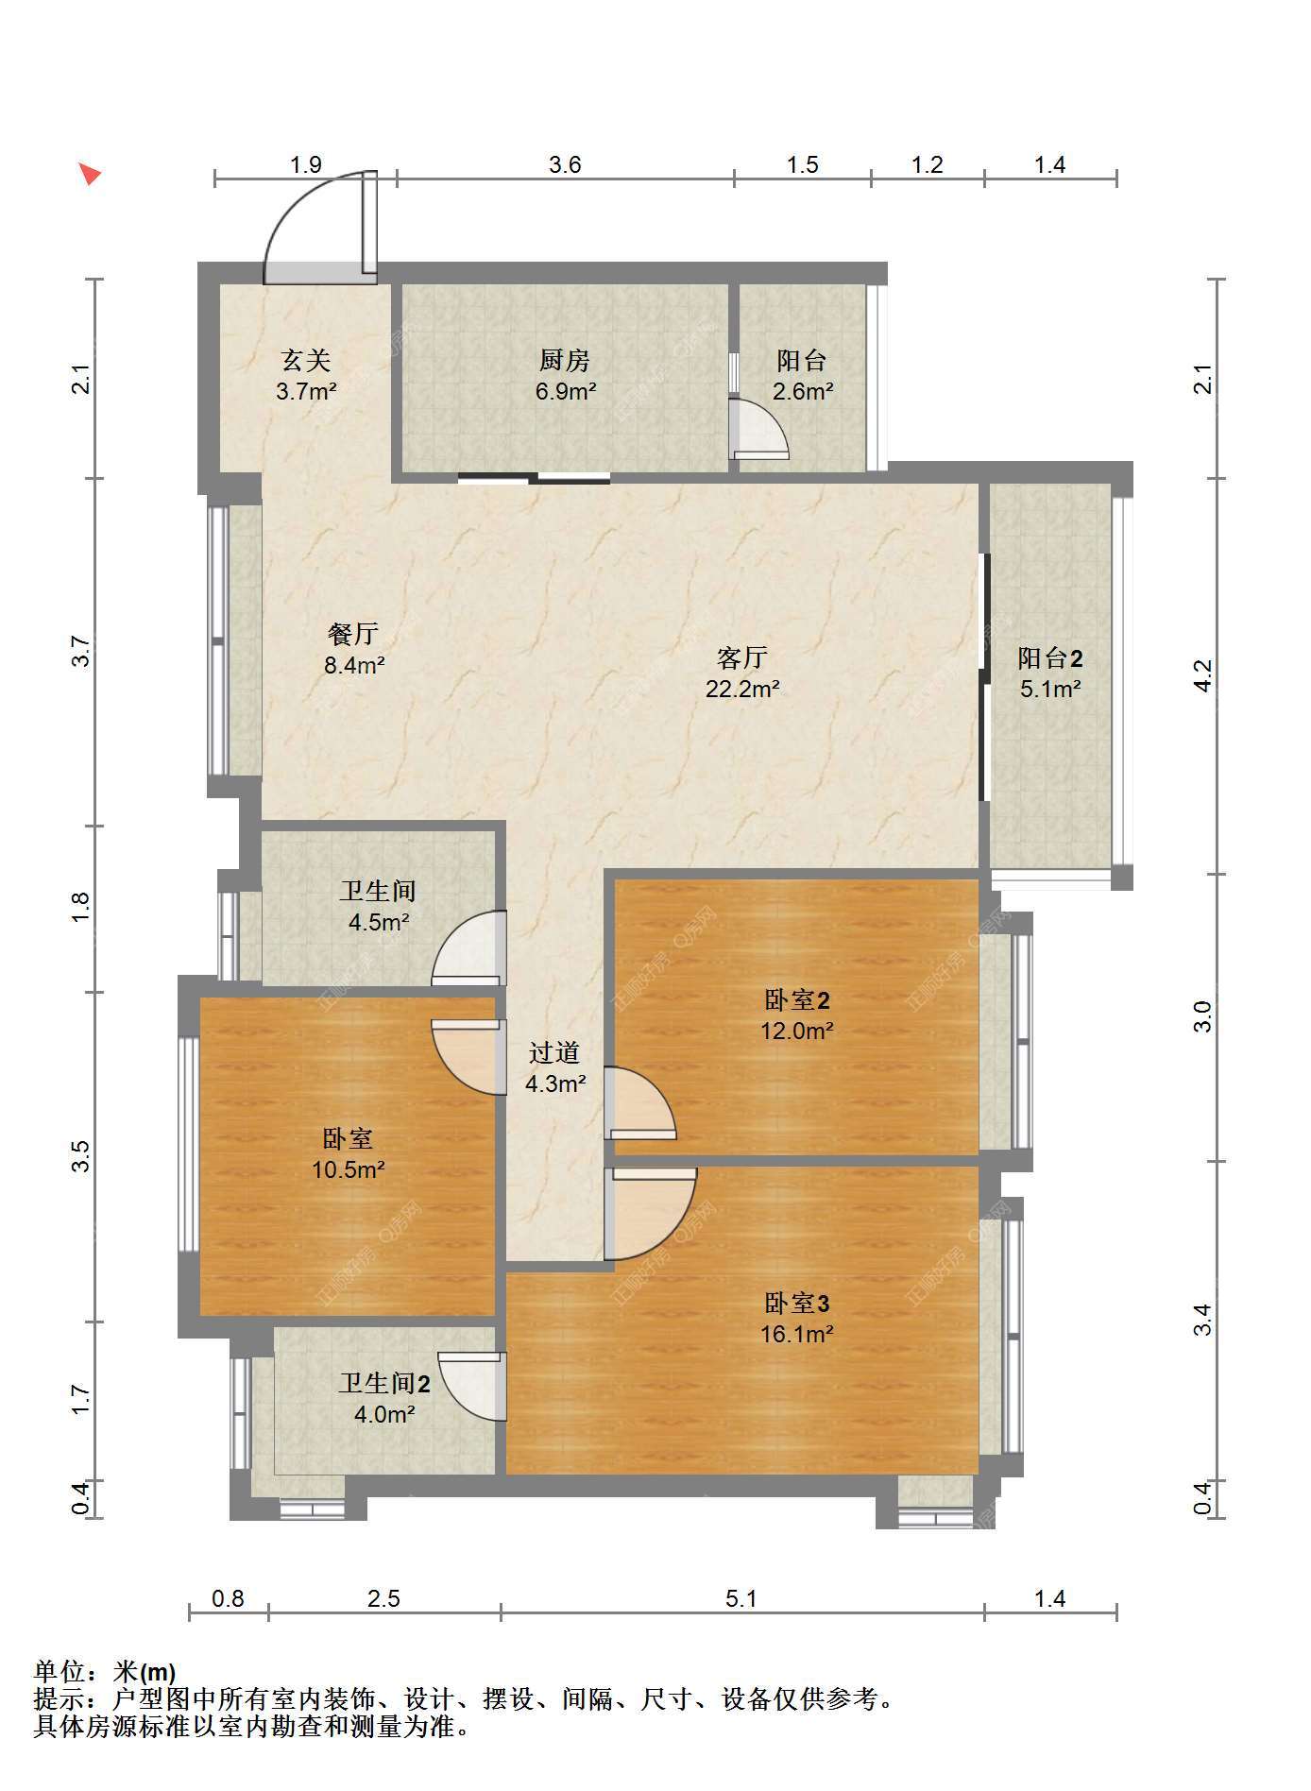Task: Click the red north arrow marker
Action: coord(90,174)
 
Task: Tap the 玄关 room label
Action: coord(306,360)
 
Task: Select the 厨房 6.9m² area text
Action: coord(565,391)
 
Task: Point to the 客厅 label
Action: coord(742,657)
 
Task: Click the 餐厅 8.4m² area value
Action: coord(354,665)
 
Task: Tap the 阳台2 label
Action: coord(1050,657)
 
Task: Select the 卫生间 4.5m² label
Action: coord(378,906)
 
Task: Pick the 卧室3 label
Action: coord(797,1304)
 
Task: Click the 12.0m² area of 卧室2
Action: coord(797,1031)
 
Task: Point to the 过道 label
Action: coord(554,1052)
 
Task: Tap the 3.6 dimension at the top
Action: coord(565,165)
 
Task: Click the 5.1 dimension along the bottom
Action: coord(741,1598)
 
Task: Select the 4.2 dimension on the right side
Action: coord(1201,674)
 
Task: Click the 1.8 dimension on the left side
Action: coord(81,908)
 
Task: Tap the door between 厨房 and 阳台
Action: coord(758,430)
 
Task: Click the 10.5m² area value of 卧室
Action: coord(349,1169)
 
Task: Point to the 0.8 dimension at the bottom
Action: coord(228,1598)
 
